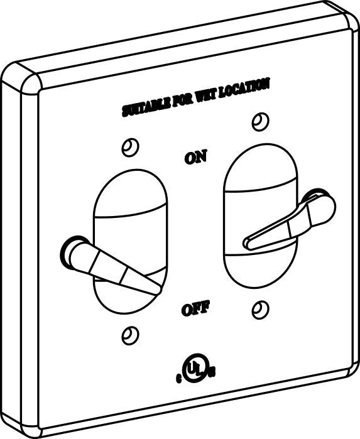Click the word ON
(196, 157)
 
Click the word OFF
(195, 310)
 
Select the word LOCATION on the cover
(244, 89)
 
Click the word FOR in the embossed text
(183, 100)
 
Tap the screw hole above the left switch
(130, 147)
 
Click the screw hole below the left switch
(130, 335)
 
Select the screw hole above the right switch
(261, 122)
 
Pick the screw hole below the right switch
(261, 310)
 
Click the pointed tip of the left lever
(158, 290)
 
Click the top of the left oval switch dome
(130, 170)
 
